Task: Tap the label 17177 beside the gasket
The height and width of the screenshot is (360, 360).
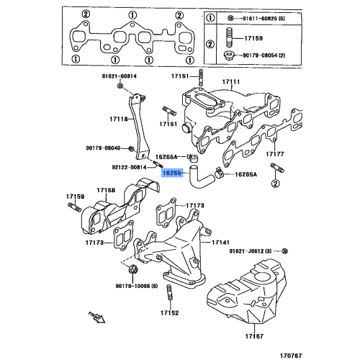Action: point(274,153)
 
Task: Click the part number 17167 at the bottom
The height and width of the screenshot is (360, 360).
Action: point(253,336)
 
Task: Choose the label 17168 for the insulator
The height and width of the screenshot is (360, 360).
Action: point(107,190)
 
